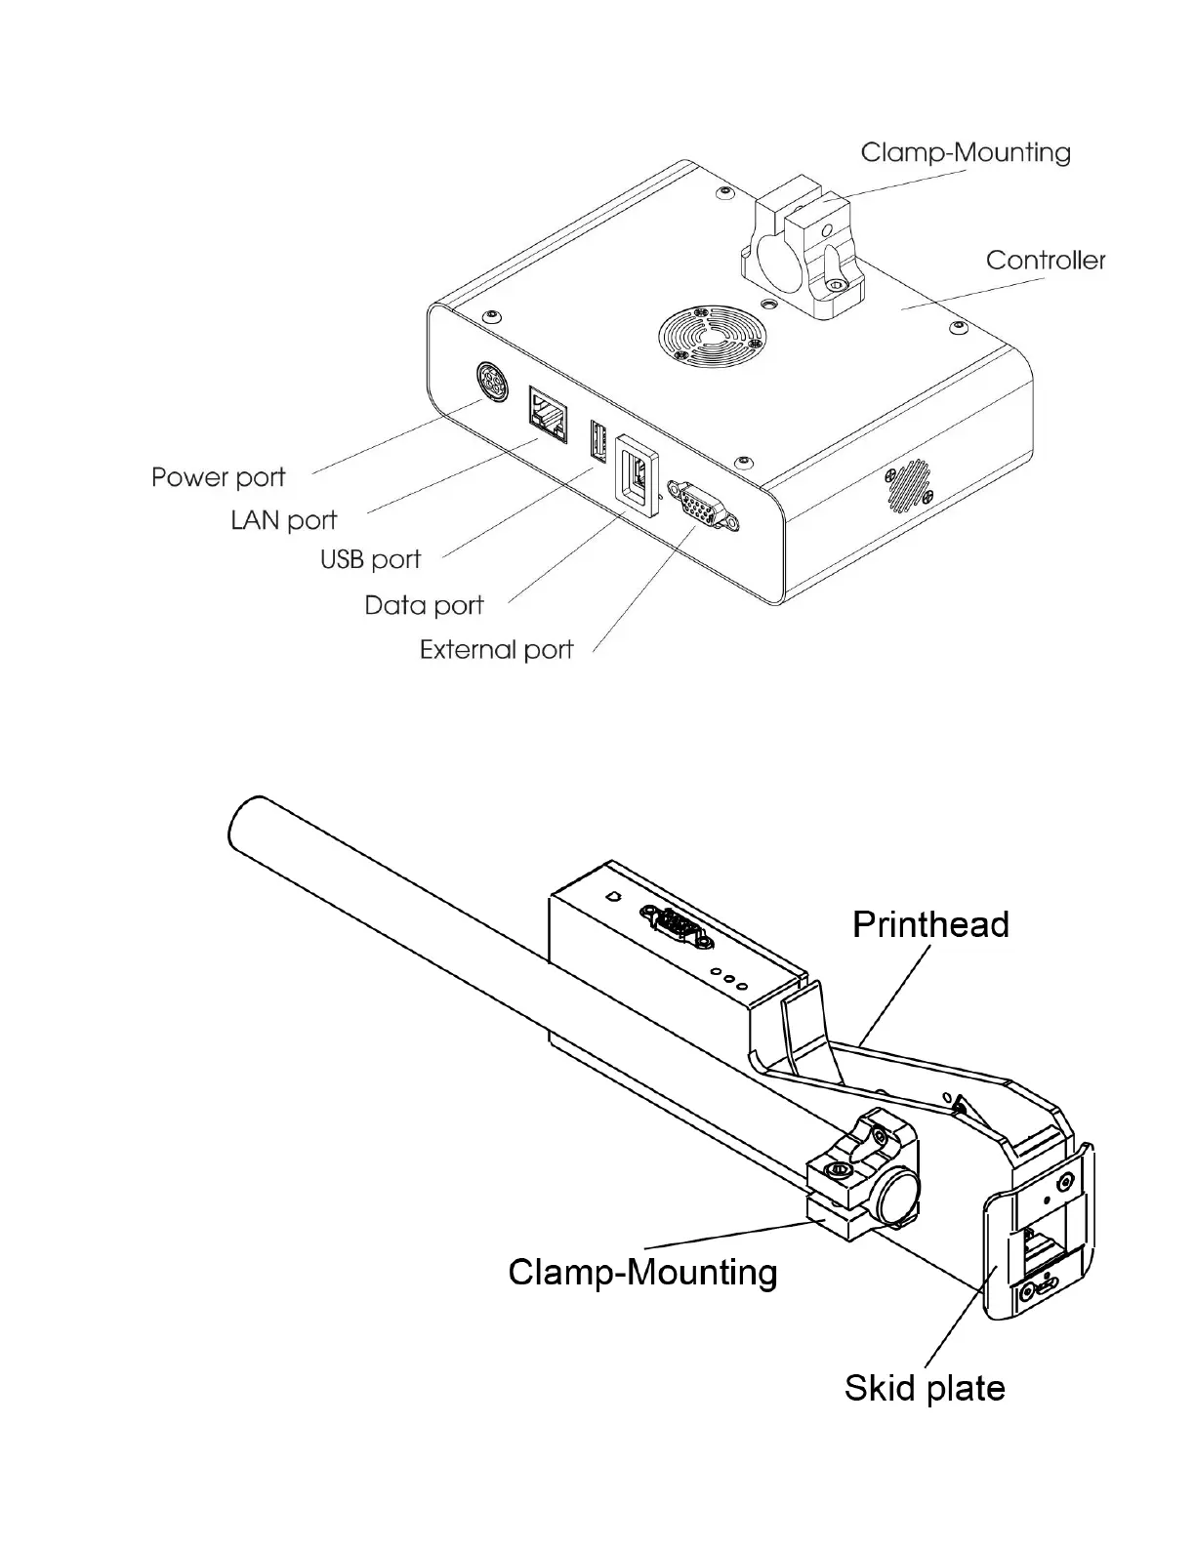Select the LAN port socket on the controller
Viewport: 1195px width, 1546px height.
548,415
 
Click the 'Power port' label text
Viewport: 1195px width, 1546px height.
218,477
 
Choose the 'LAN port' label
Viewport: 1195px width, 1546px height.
283,520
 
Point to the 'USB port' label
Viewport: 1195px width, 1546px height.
370,560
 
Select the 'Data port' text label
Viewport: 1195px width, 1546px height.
424,605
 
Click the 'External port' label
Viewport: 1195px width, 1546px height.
496,650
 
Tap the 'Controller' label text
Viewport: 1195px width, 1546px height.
1046,261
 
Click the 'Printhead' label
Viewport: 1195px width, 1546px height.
930,924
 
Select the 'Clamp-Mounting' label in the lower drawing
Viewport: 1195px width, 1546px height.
642,1272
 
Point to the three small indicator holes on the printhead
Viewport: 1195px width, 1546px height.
728,976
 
